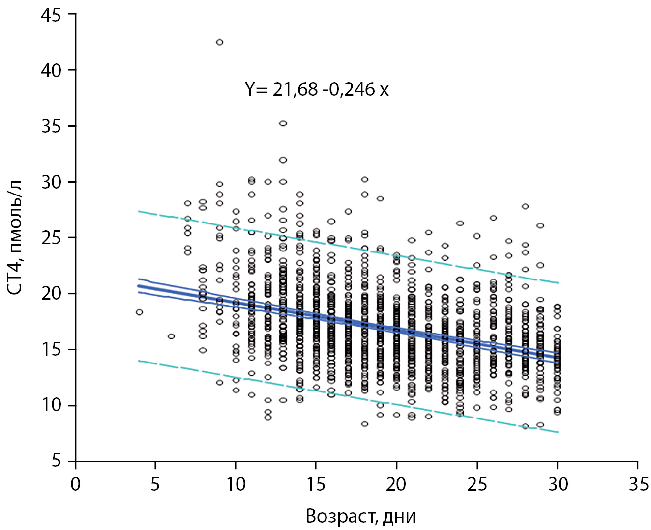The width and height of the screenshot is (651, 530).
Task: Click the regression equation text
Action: point(317,89)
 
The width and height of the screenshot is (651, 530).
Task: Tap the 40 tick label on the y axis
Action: point(51,70)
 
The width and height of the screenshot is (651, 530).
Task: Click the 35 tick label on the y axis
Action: point(51,126)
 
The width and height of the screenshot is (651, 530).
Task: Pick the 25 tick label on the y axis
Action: point(51,238)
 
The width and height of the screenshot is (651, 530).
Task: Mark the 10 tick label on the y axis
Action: point(51,405)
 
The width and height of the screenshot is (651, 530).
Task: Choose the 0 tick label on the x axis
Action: point(75,484)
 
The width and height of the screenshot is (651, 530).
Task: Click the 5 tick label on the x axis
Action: point(155,484)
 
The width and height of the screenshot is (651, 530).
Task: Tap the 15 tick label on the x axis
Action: point(316,484)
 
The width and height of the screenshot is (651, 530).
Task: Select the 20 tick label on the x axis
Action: point(396,484)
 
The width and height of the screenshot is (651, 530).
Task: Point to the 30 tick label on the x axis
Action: point(557,484)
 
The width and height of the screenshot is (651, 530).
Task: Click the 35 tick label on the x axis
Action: point(638,484)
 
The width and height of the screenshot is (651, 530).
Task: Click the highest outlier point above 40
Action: point(219,42)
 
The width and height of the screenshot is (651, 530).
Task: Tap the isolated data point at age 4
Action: point(139,312)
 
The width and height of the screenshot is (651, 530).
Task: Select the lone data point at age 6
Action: point(171,336)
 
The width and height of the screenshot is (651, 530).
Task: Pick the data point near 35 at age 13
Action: point(283,123)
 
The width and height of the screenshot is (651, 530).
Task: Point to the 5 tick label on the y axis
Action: point(56,461)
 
